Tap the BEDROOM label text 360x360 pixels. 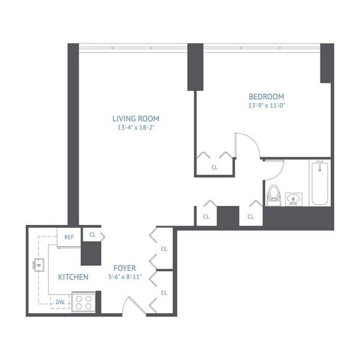(266, 96)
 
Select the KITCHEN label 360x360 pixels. (73, 277)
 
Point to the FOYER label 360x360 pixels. (125, 268)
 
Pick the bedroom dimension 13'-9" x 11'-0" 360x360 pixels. (266, 105)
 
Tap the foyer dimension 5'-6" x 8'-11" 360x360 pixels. (125, 277)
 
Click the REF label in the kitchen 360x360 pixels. (69, 238)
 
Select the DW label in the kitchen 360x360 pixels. (61, 302)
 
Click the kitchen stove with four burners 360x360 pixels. (83, 301)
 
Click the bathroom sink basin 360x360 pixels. (294, 199)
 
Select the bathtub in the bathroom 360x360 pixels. (320, 182)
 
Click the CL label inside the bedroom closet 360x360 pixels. (214, 168)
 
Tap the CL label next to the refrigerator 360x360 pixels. (92, 235)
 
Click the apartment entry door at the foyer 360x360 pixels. (133, 305)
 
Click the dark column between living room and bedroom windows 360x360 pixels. (195, 67)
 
